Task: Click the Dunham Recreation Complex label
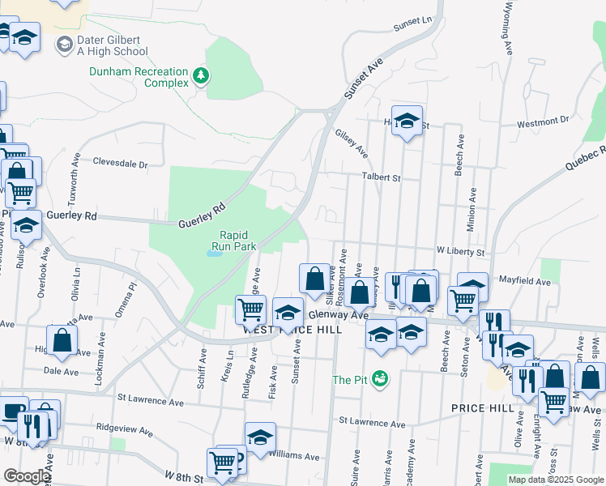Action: (x=138, y=77)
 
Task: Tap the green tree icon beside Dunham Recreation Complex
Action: (x=200, y=76)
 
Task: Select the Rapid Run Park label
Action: (x=233, y=240)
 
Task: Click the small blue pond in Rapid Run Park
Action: (x=214, y=253)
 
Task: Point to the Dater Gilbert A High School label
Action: (x=113, y=45)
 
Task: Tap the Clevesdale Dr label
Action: (x=121, y=163)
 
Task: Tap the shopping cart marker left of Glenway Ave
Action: (x=250, y=308)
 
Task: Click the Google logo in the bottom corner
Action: (x=26, y=476)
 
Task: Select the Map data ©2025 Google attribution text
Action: (x=555, y=480)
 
